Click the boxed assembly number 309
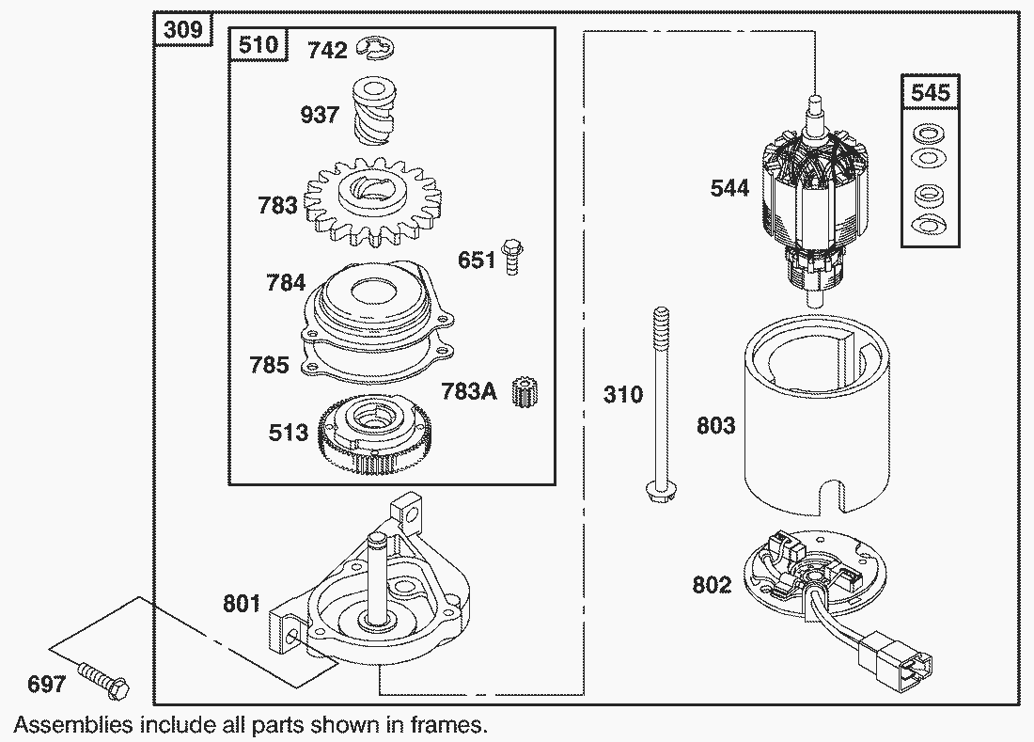[x=182, y=30]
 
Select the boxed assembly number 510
[x=258, y=45]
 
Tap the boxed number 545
[x=931, y=92]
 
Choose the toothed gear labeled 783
[x=363, y=200]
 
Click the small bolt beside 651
[x=512, y=256]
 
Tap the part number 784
[x=286, y=282]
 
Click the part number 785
[x=269, y=365]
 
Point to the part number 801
[x=242, y=603]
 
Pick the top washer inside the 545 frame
[x=930, y=132]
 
